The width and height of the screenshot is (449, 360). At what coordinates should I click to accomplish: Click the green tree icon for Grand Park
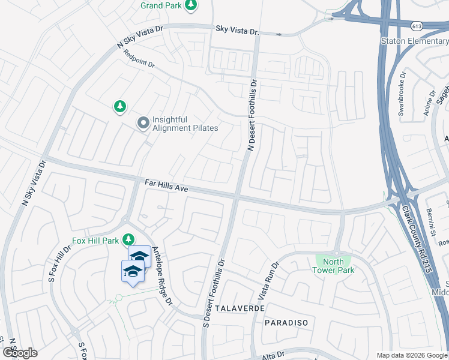click(191, 6)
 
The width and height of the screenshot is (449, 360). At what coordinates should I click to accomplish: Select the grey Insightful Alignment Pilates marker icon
click(143, 124)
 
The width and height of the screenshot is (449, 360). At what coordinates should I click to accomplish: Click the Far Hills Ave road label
click(167, 185)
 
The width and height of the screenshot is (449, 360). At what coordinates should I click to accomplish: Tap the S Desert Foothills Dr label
click(214, 288)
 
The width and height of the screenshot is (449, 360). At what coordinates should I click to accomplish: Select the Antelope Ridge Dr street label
click(162, 275)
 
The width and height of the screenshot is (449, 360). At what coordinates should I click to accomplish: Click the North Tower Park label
click(333, 266)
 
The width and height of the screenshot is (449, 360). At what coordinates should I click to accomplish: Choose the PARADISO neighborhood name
click(286, 323)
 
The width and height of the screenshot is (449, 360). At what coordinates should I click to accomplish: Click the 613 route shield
click(417, 26)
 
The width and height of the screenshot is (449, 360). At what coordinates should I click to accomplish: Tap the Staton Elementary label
click(414, 41)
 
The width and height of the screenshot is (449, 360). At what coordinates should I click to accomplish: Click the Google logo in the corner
click(20, 353)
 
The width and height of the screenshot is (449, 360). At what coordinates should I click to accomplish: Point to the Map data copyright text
click(412, 355)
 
